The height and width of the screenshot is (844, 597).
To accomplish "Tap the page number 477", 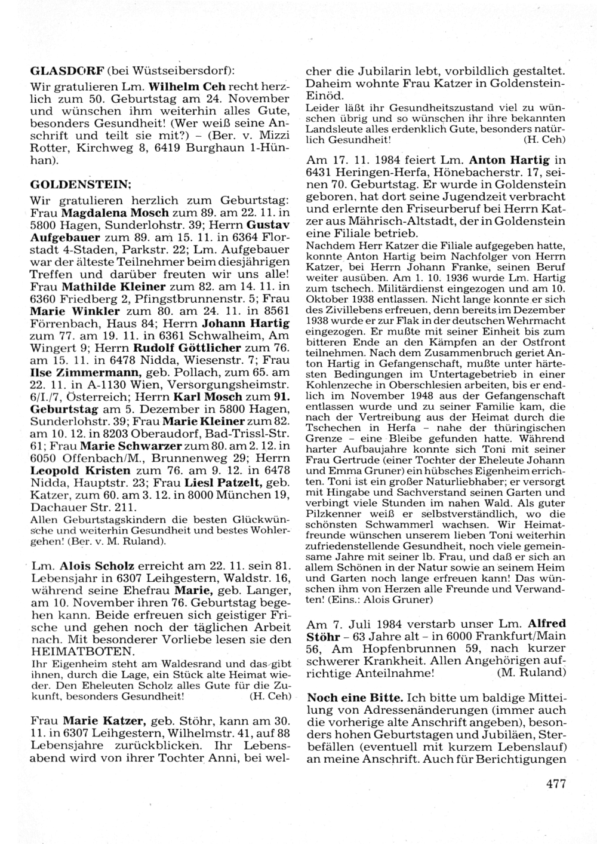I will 555,784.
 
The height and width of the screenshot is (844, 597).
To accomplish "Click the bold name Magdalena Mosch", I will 122,213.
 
